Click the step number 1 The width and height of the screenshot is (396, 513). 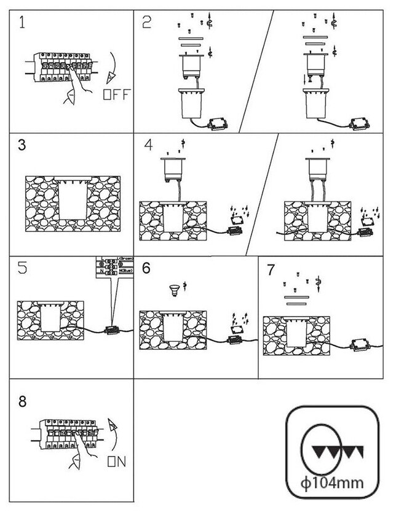coord(23,24)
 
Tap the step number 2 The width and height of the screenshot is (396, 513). coord(146,24)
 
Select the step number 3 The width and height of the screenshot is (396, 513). coord(22,147)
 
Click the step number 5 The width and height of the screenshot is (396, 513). coord(22,269)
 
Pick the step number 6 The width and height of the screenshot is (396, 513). coord(146,268)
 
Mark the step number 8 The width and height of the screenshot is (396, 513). coord(23,402)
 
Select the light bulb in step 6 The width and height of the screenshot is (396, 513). coord(175,288)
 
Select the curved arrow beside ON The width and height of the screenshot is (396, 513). coord(112,433)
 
